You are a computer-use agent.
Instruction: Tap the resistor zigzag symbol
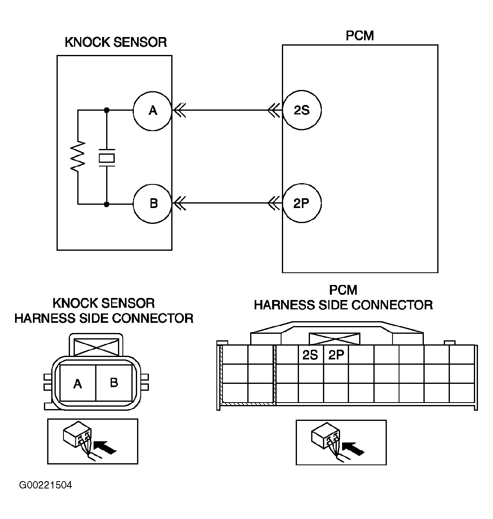(x=78, y=156)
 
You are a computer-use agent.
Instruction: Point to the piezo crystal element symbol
(x=107, y=158)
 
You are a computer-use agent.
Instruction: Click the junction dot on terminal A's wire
(x=107, y=110)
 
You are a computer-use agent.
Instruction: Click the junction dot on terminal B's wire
(x=107, y=204)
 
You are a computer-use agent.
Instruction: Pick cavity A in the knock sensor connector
(x=78, y=383)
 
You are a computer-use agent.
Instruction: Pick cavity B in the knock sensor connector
(x=113, y=383)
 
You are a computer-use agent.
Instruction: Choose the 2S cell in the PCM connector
(x=311, y=355)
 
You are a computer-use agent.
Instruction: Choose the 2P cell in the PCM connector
(x=336, y=355)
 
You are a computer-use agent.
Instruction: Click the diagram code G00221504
(x=46, y=485)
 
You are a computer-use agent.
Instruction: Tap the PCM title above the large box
(x=360, y=36)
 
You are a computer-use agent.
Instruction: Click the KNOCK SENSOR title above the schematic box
(x=116, y=42)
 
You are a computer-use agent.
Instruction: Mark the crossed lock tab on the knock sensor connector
(x=96, y=347)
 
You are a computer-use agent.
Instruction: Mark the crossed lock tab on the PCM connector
(x=334, y=339)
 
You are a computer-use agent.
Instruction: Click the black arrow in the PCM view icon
(x=353, y=448)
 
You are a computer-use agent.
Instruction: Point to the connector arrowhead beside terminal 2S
(x=274, y=110)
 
